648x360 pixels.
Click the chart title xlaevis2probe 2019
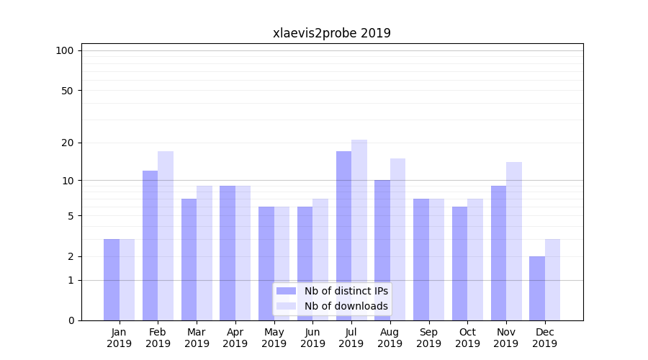coord(331,33)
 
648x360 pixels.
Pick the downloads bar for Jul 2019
coord(359,230)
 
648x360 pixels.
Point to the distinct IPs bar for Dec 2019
coord(537,288)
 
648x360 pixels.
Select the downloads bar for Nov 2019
coord(514,241)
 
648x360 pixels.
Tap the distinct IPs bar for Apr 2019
coord(228,253)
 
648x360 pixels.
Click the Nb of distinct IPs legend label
coord(346,291)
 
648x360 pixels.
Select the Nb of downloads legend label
coord(346,306)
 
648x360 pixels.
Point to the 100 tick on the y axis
coord(65,50)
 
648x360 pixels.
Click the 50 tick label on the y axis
coord(68,91)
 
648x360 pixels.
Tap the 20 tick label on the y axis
coord(68,143)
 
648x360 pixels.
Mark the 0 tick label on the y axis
coord(71,320)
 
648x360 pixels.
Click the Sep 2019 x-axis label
coord(428,338)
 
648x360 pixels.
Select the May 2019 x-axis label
coord(274,338)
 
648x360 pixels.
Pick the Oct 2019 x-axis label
coord(467,338)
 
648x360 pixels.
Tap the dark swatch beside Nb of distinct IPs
coord(287,291)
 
